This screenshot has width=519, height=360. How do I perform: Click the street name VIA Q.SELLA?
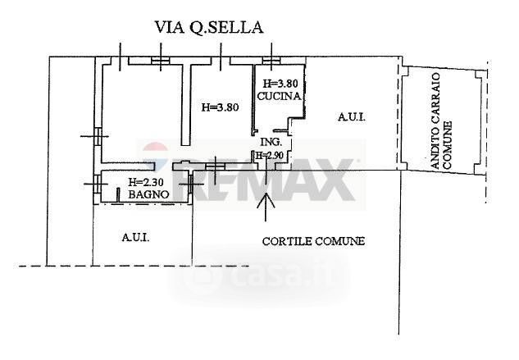click(209, 27)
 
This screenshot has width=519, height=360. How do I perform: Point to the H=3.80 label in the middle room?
click(219, 107)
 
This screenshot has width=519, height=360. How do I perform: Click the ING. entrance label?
click(271, 141)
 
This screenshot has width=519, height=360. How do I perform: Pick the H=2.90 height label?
click(271, 155)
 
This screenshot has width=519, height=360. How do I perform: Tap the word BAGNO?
click(148, 194)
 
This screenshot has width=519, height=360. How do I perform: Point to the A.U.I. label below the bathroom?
click(135, 237)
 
